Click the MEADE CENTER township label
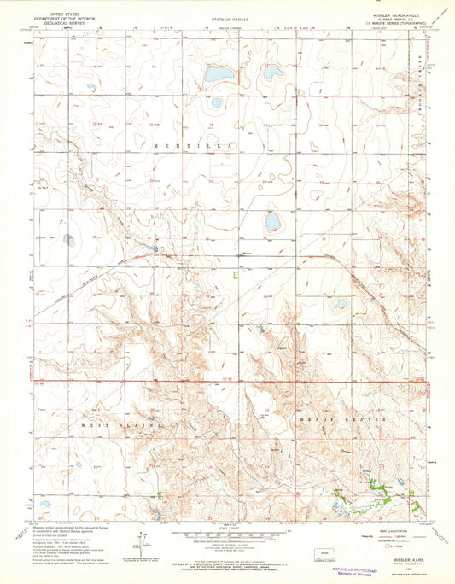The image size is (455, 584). (x=345, y=420)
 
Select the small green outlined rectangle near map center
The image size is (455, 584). (x=236, y=275)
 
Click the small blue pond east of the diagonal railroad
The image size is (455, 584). (x=340, y=304)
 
